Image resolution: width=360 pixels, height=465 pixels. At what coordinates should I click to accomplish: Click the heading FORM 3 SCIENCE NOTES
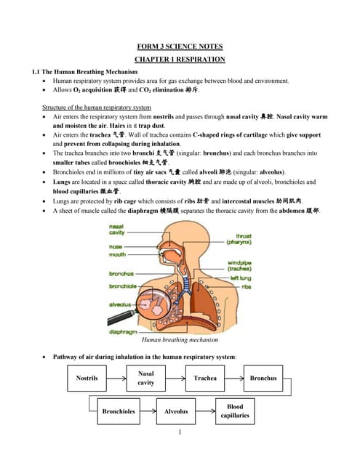(180, 46)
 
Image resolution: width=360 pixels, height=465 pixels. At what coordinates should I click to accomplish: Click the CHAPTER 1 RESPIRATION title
(180, 59)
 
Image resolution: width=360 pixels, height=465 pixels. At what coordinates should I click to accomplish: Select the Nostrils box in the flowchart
(87, 379)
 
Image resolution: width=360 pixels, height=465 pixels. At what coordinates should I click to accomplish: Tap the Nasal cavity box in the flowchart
(145, 378)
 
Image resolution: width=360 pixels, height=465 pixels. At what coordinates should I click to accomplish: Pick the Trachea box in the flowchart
(204, 379)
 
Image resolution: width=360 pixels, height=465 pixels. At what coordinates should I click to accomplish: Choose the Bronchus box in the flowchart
(263, 379)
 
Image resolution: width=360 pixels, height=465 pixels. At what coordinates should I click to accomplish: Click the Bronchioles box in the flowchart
(119, 411)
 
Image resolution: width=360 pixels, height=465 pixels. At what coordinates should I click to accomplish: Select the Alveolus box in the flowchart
(176, 411)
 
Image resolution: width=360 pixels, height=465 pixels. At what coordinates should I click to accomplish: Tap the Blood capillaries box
(235, 411)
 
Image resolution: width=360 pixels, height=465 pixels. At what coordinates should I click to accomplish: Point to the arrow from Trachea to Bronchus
(234, 379)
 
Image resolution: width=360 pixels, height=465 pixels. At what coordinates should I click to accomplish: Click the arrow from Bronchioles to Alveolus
(148, 411)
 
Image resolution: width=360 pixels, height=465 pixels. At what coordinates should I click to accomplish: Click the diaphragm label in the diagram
(124, 332)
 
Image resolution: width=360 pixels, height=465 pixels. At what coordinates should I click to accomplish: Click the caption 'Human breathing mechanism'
(180, 340)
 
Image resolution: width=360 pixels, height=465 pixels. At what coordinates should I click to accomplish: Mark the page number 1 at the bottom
(180, 433)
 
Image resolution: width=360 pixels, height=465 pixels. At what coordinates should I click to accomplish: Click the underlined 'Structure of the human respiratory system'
(107, 108)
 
